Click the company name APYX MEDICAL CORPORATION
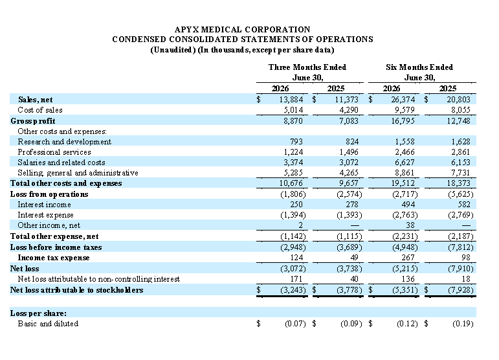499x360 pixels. pyautogui.click(x=243, y=30)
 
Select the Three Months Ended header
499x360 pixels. pyautogui.click(x=307, y=67)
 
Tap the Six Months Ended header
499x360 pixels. pyautogui.click(x=419, y=67)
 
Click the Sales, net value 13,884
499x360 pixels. pyautogui.click(x=291, y=100)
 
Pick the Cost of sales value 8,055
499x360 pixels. pyautogui.click(x=459, y=110)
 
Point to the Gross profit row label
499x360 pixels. pyautogui.click(x=33, y=121)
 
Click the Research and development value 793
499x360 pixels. pyautogui.click(x=296, y=142)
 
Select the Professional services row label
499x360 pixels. pyautogui.click(x=54, y=152)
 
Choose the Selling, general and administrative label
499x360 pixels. pyautogui.click(x=78, y=173)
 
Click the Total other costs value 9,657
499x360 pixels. pyautogui.click(x=348, y=183)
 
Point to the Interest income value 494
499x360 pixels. pyautogui.click(x=408, y=205)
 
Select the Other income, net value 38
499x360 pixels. pyautogui.click(x=410, y=225)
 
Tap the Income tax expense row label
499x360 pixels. pyautogui.click(x=54, y=258)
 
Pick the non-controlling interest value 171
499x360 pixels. pyautogui.click(x=296, y=279)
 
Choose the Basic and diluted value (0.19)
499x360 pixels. pyautogui.click(x=463, y=324)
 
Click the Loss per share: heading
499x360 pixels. pyautogui.click(x=38, y=313)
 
